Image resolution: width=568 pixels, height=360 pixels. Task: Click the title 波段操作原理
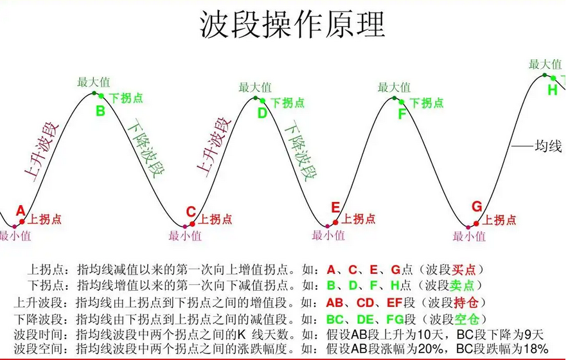click(292, 24)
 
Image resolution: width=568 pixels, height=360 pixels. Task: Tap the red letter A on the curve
click(21, 211)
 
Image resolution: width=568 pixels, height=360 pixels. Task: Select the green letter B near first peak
click(100, 111)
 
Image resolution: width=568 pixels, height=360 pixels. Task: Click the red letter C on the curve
click(191, 212)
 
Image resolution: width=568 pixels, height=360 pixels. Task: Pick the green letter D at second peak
click(262, 113)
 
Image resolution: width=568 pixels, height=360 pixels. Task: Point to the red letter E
click(335, 208)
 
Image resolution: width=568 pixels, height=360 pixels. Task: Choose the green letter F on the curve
click(402, 114)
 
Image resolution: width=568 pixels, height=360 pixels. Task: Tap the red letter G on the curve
click(477, 206)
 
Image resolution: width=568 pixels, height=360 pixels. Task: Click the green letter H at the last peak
click(553, 90)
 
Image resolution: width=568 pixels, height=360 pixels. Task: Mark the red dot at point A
click(22, 222)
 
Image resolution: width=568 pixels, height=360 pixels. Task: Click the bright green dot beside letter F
click(402, 102)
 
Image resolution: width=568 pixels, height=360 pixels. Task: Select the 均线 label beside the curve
click(548, 146)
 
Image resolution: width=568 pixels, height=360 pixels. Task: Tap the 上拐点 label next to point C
click(215, 219)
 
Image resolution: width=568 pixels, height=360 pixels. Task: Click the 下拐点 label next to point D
click(288, 103)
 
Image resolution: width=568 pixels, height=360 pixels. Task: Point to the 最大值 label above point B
click(93, 82)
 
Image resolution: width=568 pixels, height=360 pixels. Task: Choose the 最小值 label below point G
click(469, 237)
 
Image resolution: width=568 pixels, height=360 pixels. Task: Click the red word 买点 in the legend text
click(464, 270)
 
